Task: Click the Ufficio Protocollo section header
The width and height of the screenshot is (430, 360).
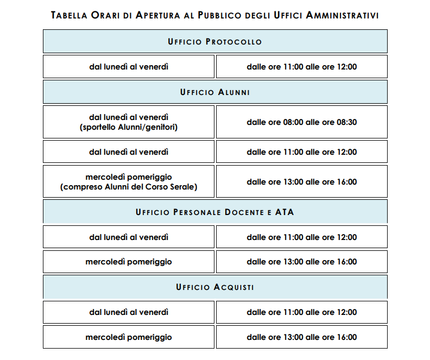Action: (215, 42)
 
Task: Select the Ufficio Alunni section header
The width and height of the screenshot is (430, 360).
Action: (215, 92)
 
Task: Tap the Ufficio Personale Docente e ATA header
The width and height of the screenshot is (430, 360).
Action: (215, 212)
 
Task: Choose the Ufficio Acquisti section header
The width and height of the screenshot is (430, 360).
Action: (215, 287)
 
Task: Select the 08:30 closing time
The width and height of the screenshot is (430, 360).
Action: (346, 122)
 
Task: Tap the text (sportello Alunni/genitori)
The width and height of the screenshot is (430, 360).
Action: (129, 127)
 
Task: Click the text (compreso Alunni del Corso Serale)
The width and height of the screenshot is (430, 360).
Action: (129, 187)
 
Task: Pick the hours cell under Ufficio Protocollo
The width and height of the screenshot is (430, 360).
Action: (301, 67)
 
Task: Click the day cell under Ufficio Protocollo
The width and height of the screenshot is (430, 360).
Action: (129, 67)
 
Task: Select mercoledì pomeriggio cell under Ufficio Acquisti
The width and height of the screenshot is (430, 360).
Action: (129, 337)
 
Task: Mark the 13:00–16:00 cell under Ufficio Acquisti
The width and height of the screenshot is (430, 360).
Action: (301, 337)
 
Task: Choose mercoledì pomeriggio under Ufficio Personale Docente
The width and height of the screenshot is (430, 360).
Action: (129, 262)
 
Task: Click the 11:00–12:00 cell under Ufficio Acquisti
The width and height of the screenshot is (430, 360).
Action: (301, 312)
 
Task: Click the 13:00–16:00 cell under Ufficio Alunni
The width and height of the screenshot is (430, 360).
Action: (301, 182)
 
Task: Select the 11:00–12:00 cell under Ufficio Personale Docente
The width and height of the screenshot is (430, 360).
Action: (301, 237)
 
